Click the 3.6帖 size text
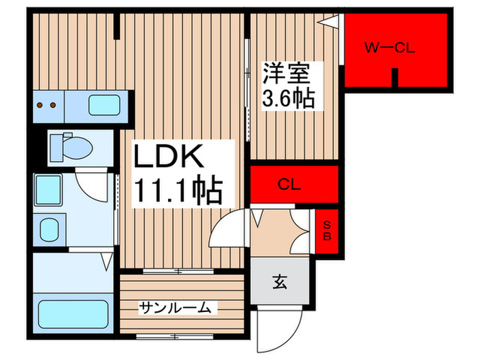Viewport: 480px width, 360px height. (288, 99)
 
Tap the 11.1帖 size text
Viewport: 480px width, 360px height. (177, 191)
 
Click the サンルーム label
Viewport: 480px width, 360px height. (174, 308)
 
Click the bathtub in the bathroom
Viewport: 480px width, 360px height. (74, 313)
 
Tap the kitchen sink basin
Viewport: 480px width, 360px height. (104, 106)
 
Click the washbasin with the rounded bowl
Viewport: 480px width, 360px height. (49, 228)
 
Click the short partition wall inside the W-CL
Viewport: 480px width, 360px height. (394, 77)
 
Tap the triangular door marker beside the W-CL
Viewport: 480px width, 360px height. (332, 23)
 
